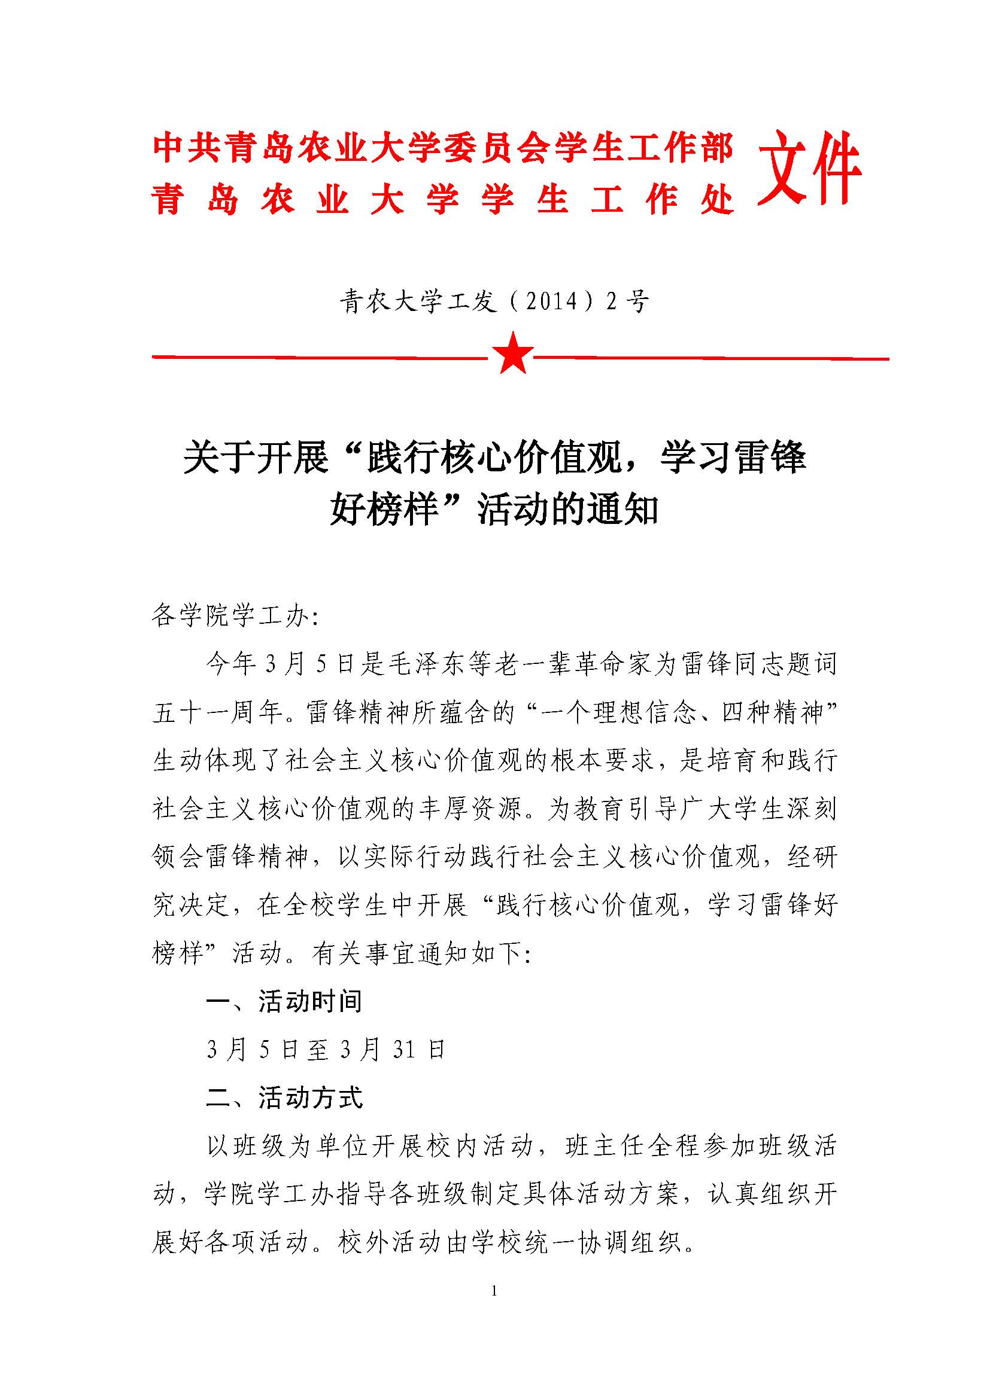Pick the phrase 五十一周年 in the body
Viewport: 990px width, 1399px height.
[218, 712]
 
